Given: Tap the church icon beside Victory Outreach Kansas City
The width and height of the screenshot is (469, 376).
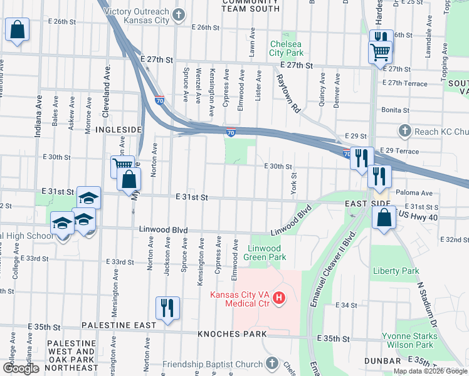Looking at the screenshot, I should (179, 13).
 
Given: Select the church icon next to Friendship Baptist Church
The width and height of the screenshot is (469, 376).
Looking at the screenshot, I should (271, 363).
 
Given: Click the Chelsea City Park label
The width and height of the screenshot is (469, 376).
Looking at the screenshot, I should (287, 48).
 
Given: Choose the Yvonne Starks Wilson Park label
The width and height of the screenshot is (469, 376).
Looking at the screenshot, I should (408, 340).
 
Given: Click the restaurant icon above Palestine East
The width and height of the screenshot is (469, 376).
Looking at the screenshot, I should (167, 308).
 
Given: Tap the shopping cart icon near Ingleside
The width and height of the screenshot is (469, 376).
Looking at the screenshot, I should (123, 167).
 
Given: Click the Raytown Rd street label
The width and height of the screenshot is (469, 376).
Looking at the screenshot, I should (288, 94).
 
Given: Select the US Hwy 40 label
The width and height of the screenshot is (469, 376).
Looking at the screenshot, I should (418, 216).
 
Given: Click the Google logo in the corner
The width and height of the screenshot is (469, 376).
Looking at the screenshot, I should (21, 368).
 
